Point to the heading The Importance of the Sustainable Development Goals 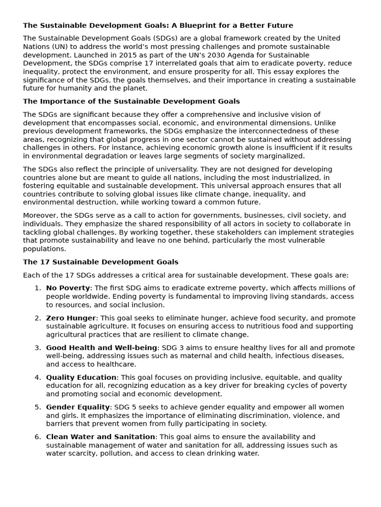point(131,101)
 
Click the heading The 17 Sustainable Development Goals point(101,262)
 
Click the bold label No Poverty point(68,288)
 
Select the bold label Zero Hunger point(71,318)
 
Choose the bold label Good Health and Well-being point(102,348)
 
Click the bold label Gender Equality point(78,407)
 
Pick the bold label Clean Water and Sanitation point(101,437)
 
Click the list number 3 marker point(38,348)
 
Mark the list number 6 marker point(38,437)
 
